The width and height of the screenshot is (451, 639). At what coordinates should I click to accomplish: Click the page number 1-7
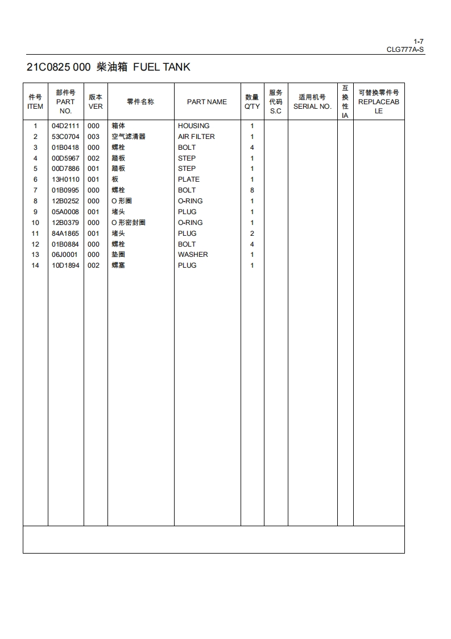pos(419,41)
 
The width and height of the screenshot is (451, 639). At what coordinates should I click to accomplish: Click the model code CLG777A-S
pos(405,50)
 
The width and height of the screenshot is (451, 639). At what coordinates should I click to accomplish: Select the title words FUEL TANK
pos(162,67)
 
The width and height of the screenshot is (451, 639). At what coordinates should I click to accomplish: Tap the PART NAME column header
pos(206,102)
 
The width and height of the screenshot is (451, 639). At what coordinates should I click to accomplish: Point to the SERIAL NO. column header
pos(312,106)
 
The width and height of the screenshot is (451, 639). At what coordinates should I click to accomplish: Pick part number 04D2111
pos(65,126)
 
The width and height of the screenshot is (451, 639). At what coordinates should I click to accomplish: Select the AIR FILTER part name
pos(196,137)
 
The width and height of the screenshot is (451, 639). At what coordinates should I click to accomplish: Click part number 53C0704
pos(65,137)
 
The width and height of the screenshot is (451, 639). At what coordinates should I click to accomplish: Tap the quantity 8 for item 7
pos(252,190)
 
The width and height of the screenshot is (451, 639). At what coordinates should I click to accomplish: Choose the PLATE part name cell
pos(189,179)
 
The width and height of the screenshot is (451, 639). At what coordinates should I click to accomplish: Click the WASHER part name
pos(193,255)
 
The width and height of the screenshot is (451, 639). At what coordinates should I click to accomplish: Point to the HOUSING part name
pos(193,126)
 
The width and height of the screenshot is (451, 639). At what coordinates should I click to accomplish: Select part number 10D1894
pos(65,265)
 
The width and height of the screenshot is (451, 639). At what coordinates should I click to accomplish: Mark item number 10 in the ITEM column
pos(35,223)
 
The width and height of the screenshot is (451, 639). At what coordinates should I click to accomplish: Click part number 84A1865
pos(65,234)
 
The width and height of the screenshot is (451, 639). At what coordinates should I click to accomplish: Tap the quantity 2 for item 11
pos(252,234)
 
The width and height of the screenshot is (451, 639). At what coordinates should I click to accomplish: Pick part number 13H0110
pos(65,179)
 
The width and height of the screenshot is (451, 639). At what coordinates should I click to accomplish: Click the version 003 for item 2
pos(93,137)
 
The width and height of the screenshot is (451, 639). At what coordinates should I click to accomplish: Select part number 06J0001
pos(65,255)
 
